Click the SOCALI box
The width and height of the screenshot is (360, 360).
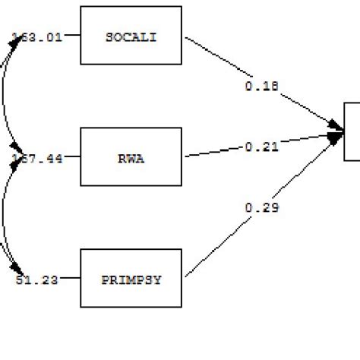point(131,36)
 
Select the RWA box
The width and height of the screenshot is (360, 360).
point(131,157)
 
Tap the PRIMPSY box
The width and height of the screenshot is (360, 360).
point(131,279)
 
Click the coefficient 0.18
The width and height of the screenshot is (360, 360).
point(261,87)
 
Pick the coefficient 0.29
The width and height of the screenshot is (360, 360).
point(261,206)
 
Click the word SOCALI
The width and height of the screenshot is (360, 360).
point(131,36)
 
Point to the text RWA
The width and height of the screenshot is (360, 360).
point(131,157)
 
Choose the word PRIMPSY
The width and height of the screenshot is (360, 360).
point(131,279)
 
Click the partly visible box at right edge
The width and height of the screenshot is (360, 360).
point(352,131)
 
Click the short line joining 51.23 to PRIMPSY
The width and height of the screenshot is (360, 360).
point(69,279)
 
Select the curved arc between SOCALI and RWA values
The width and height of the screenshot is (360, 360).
point(5,96)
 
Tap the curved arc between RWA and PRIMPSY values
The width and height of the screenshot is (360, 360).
point(5,218)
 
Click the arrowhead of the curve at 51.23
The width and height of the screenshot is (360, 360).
point(17,270)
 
